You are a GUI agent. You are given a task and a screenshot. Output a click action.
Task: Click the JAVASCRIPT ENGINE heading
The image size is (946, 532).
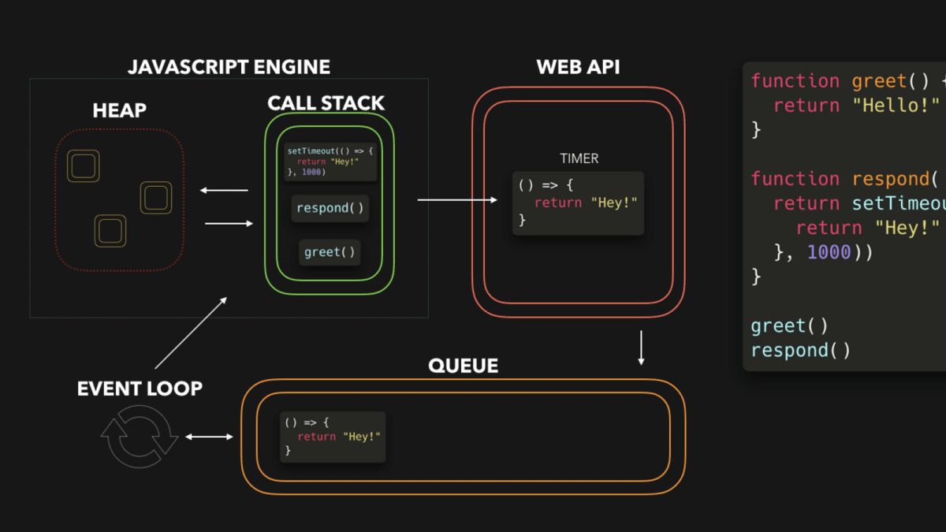229,67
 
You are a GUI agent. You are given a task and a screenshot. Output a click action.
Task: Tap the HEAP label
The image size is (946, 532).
119,110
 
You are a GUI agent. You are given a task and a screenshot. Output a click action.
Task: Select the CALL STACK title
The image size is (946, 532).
326,102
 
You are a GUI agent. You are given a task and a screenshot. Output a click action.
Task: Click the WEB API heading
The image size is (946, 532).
578,67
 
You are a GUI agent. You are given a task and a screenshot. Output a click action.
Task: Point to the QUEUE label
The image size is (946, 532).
463,366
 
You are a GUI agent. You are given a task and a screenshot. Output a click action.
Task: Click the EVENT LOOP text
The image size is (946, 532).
140,388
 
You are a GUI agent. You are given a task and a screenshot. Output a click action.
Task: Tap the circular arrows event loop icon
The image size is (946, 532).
140,436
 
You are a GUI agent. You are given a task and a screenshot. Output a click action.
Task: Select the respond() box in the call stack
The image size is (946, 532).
330,208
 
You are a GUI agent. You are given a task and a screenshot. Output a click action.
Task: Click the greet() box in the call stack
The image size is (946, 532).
330,252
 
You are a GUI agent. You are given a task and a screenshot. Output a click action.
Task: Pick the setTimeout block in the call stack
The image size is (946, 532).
330,162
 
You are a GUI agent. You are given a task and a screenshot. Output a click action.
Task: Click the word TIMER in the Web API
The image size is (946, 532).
579,158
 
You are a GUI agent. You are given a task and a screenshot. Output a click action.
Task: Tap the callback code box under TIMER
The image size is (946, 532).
578,203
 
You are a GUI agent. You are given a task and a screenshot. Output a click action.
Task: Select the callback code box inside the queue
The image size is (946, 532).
333,437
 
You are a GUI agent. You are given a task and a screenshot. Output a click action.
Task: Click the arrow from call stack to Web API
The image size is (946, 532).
457,200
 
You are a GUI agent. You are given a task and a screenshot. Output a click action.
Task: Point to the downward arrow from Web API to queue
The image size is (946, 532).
641,348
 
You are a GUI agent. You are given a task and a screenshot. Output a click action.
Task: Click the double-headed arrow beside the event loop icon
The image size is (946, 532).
209,437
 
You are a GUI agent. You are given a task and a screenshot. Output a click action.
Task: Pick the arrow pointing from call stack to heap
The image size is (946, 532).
224,190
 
